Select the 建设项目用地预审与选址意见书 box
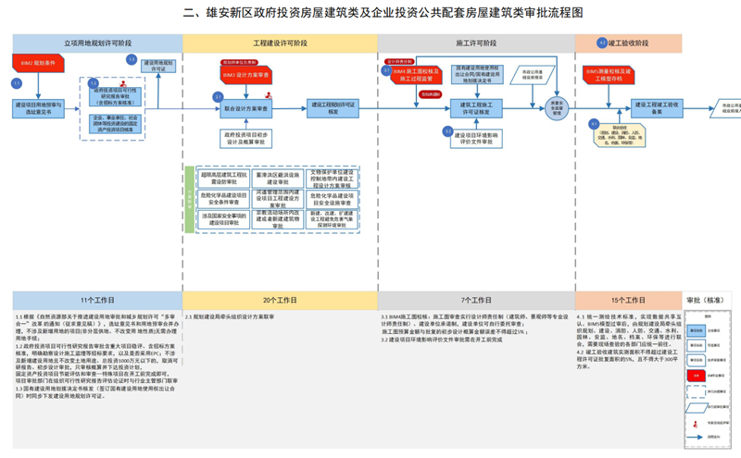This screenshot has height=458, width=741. pyautogui.click(x=38, y=108)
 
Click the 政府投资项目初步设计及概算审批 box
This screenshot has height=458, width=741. pyautogui.click(x=245, y=139)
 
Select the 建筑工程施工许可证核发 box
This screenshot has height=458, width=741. pyautogui.click(x=476, y=108)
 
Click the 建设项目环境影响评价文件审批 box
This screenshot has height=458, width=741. pyautogui.click(x=476, y=137)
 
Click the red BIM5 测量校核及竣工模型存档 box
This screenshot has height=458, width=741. pyautogui.click(x=609, y=72)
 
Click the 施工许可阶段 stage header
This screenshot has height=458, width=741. pyautogui.click(x=475, y=43)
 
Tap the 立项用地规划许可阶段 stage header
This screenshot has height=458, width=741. pyautogui.click(x=97, y=43)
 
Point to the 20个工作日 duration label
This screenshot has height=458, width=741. pyautogui.click(x=280, y=301)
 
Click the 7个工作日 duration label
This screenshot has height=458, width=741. pyautogui.click(x=475, y=301)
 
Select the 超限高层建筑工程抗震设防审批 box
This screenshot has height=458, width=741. pyautogui.click(x=223, y=177)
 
